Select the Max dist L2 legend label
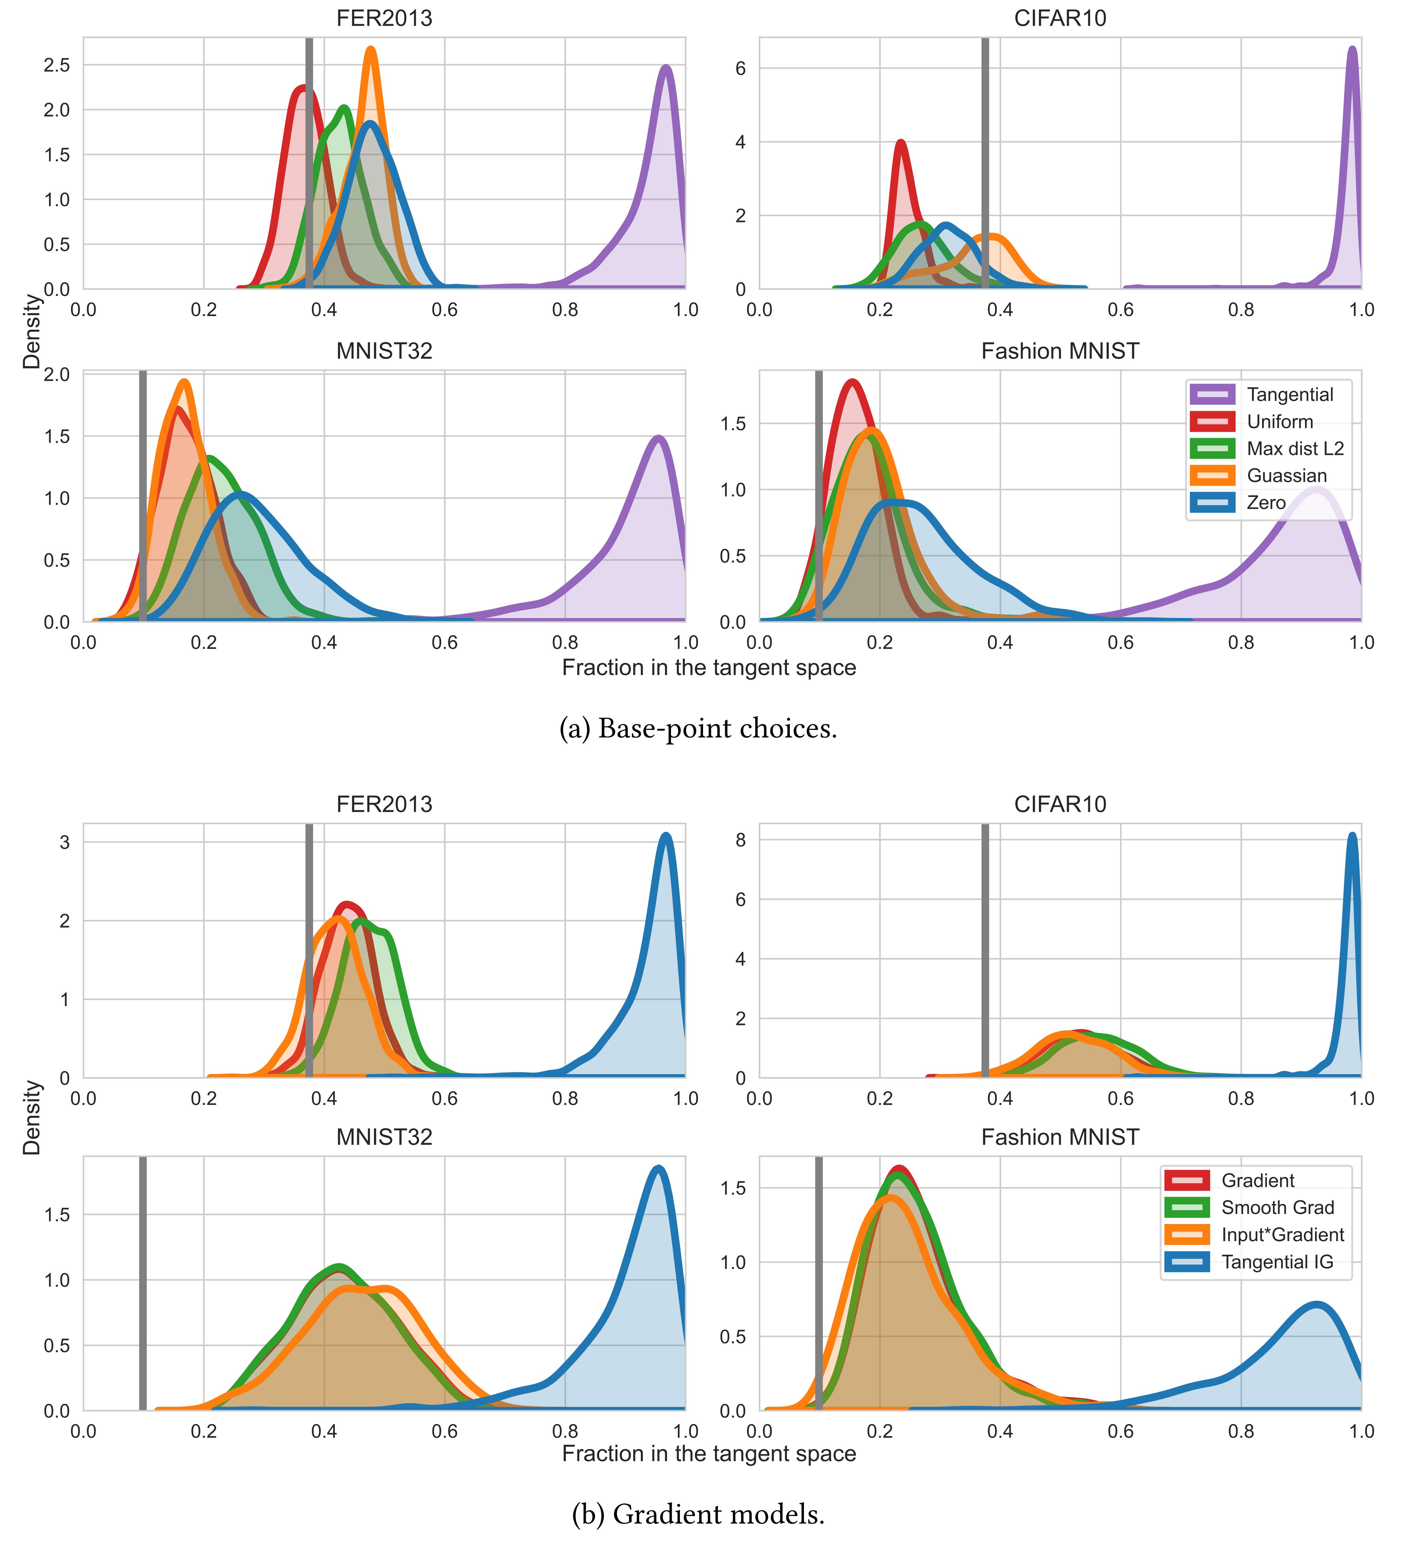tap(1295, 449)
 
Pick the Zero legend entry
tap(1265, 502)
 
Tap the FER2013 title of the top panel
tap(384, 18)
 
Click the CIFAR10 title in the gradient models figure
tap(1060, 804)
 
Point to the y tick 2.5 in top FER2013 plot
tap(57, 65)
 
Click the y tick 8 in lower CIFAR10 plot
tap(740, 840)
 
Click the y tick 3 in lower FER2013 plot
tap(65, 842)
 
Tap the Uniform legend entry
tap(1279, 422)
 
